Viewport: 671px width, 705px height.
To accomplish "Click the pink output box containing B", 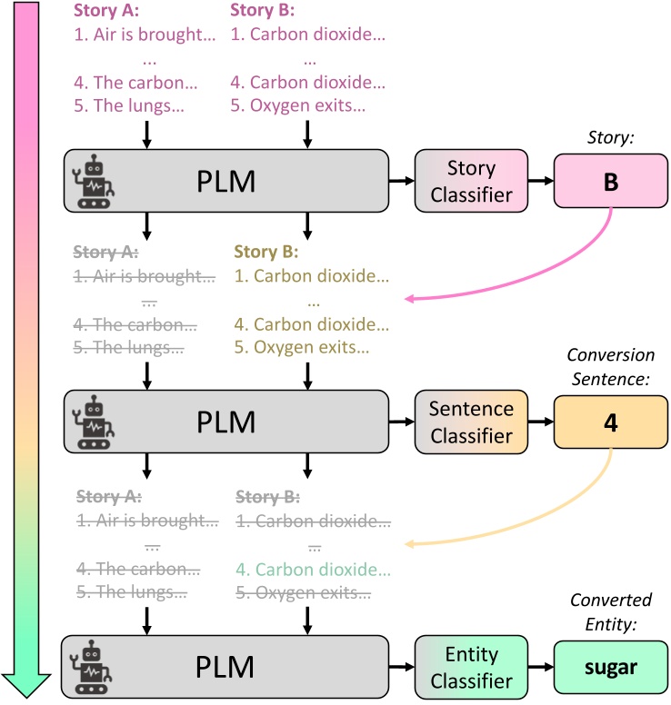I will click(610, 182).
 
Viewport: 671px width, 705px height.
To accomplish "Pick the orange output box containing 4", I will click(610, 422).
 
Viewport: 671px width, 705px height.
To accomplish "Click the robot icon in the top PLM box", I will click(94, 182).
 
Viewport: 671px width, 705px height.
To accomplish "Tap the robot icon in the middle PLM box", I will click(94, 422).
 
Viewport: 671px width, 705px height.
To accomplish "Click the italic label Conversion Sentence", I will click(610, 365).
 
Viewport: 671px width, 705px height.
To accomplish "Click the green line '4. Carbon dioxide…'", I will click(312, 571).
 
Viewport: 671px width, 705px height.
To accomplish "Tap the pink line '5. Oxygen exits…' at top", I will click(298, 105).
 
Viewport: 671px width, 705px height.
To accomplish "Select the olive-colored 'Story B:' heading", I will click(265, 251).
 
